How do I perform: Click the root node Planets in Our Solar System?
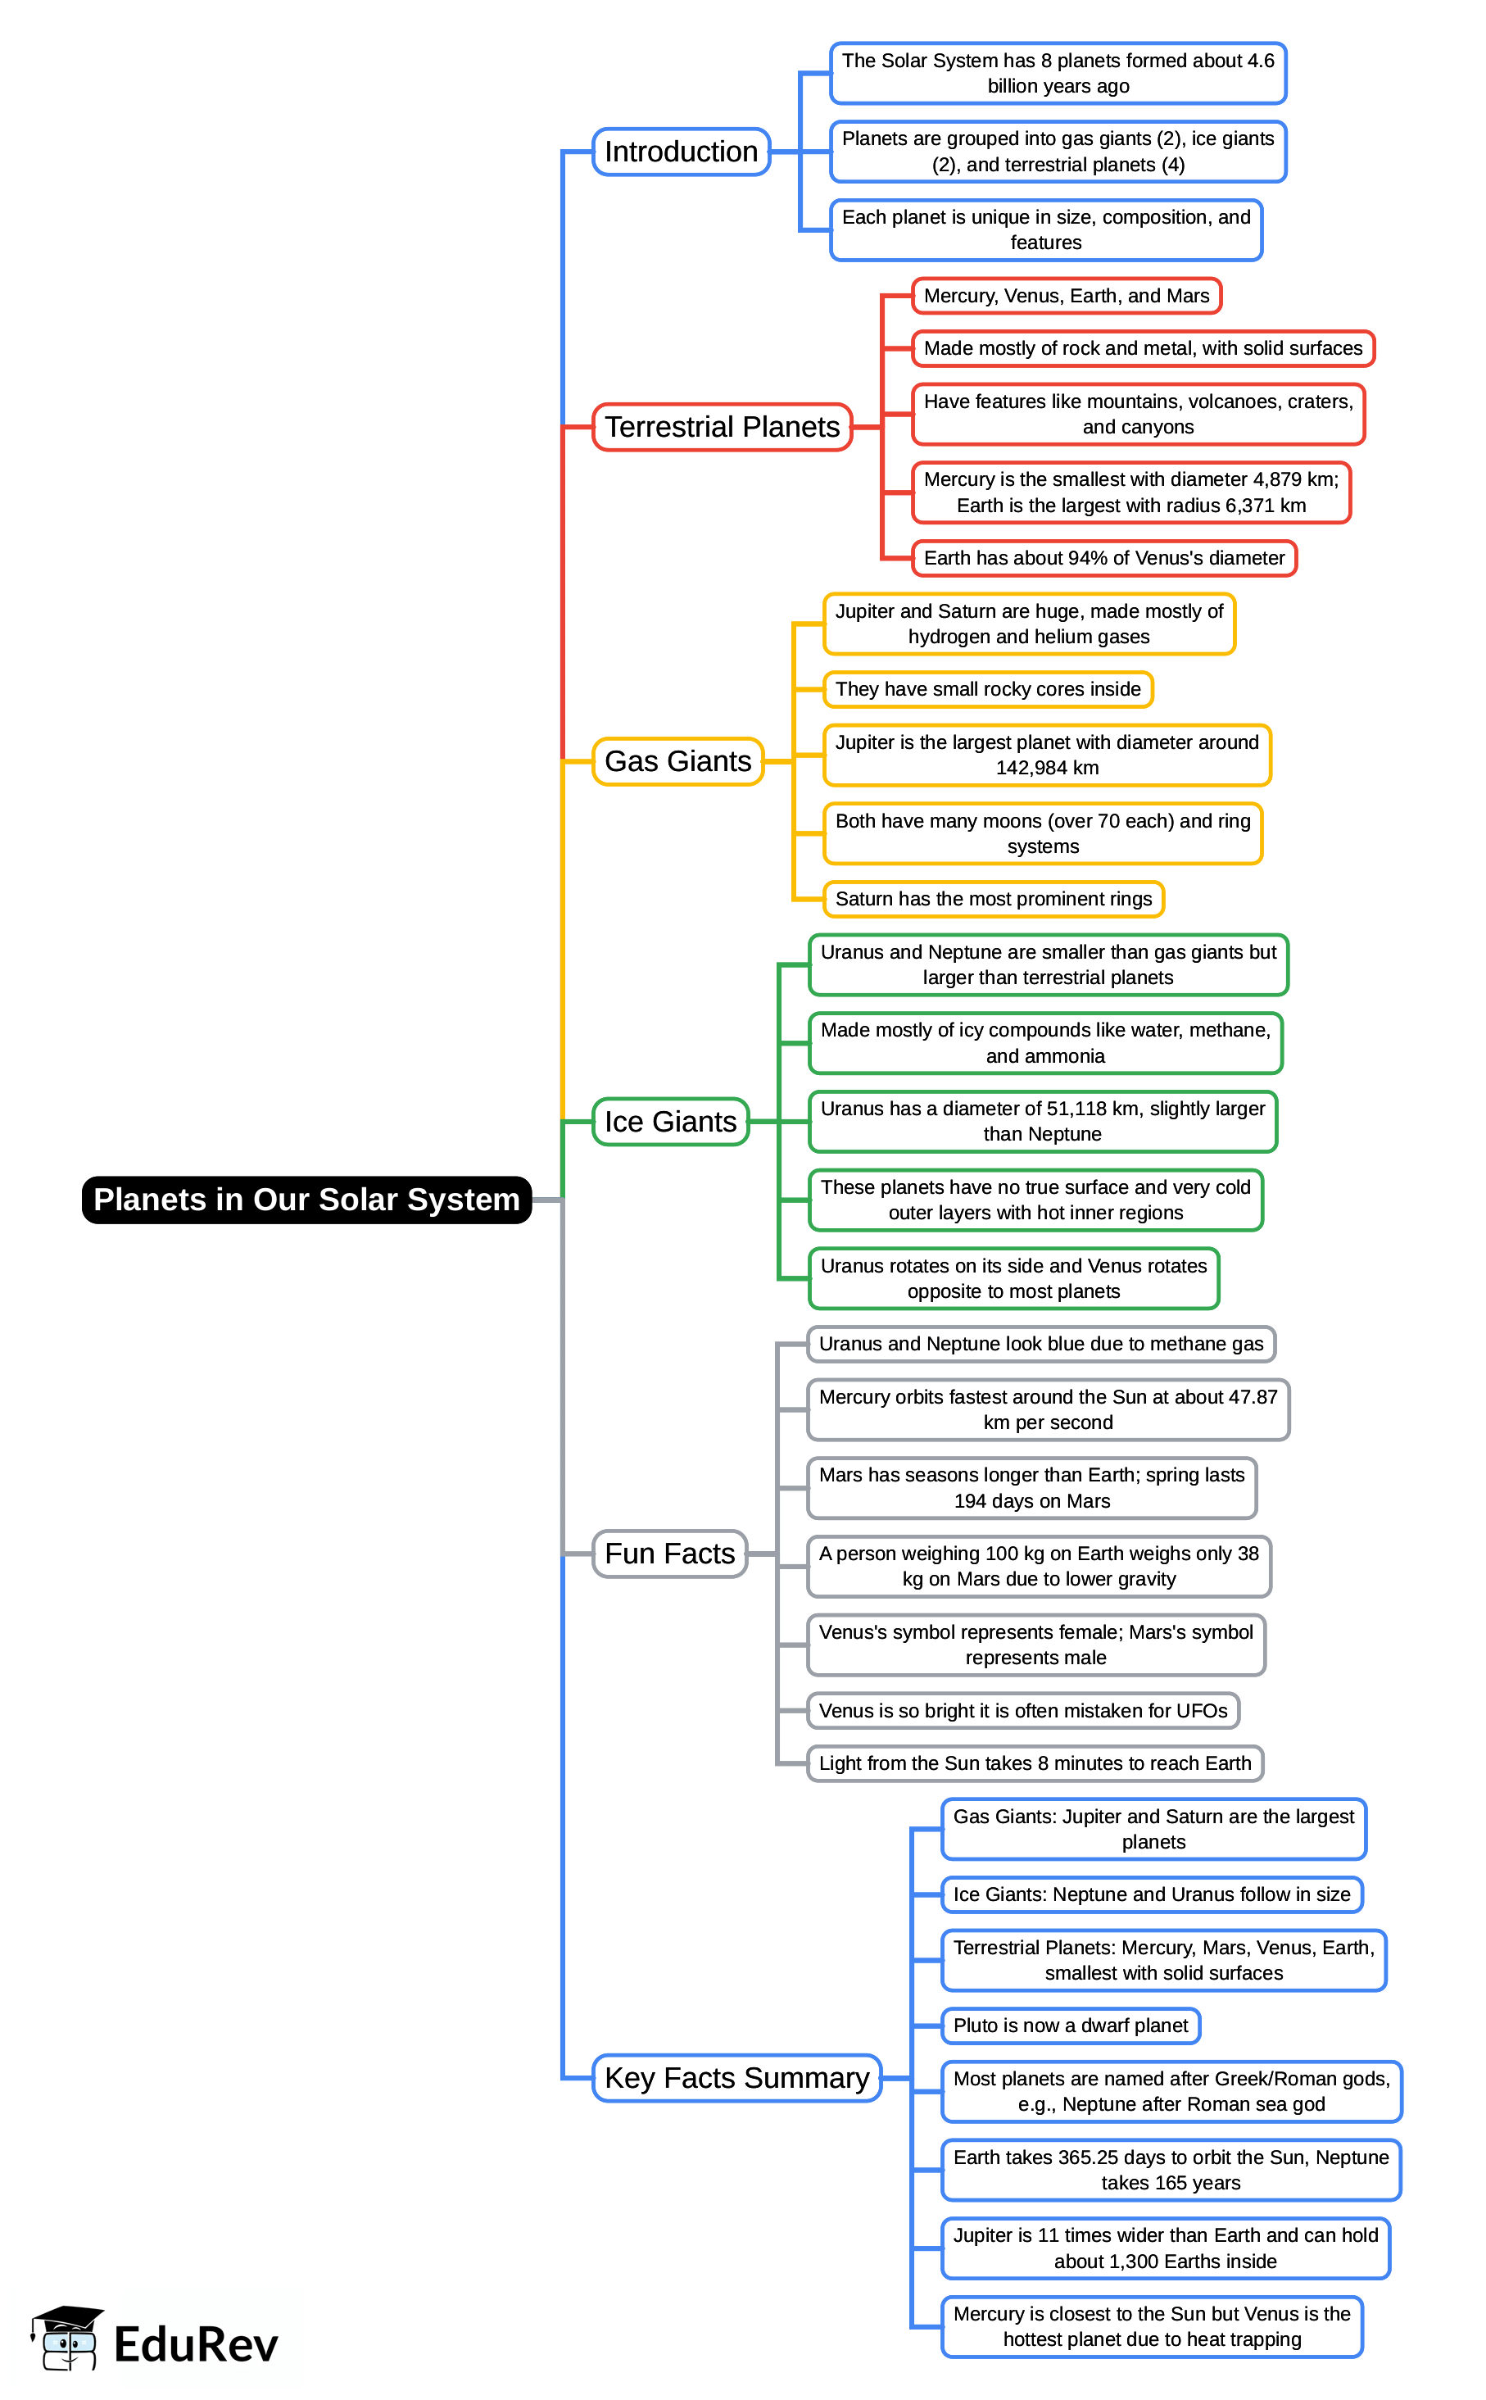point(306,1200)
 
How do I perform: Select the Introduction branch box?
point(681,152)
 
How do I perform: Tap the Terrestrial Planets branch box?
point(722,428)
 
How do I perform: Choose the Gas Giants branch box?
point(677,762)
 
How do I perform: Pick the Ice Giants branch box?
point(670,1122)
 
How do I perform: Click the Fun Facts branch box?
point(669,1554)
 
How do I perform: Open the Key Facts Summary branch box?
point(736,2078)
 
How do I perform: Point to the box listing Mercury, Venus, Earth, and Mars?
point(1067,296)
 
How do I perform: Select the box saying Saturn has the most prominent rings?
point(994,899)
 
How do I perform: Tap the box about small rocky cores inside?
point(988,689)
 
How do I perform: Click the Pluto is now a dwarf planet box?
point(1071,2026)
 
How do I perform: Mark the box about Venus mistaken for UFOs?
point(1023,1711)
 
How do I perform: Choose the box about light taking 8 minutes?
point(1035,1763)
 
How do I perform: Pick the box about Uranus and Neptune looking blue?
point(1041,1344)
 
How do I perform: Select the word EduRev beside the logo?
point(197,2345)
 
